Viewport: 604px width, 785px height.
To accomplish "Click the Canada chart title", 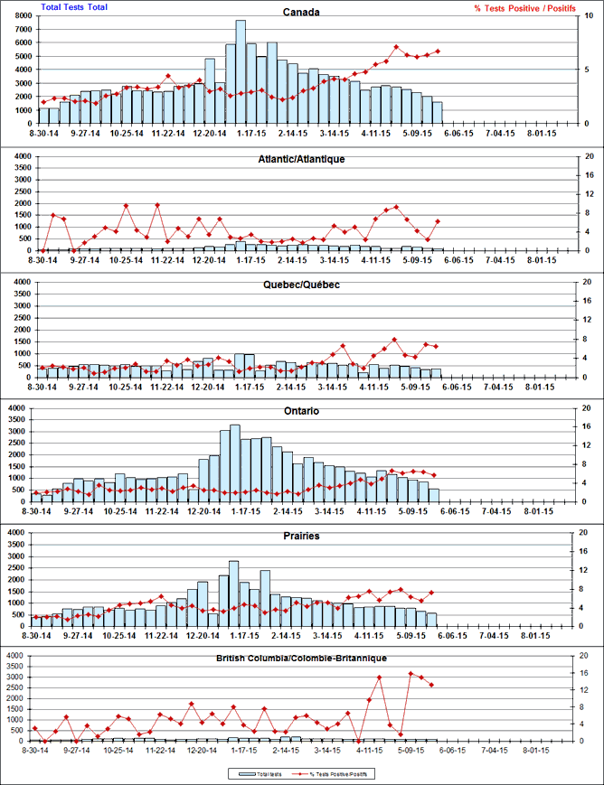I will pos(302,12).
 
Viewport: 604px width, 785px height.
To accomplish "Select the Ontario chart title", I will pos(302,411).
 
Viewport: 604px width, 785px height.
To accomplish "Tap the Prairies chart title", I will pos(302,537).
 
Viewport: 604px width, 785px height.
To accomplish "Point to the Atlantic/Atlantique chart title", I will pos(302,159).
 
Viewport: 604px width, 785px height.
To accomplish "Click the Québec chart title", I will pos(302,285).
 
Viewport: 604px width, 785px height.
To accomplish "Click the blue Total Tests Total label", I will pos(74,7).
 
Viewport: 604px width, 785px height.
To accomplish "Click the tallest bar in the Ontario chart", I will pos(235,462).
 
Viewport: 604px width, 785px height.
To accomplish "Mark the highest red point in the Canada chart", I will pos(396,47).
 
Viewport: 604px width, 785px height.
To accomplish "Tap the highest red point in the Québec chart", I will pos(394,340).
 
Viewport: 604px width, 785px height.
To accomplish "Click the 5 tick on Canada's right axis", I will pos(587,69).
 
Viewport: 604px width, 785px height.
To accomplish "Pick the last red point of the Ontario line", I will pos(435,475).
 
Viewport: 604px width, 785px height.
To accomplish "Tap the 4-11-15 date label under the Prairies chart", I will pos(373,635).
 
